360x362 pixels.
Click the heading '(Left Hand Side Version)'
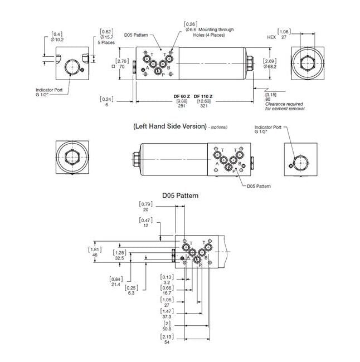pyautogui.click(x=170, y=126)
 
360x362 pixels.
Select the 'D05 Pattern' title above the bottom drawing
pyautogui.click(x=180, y=196)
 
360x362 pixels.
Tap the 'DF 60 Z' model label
pyautogui.click(x=182, y=96)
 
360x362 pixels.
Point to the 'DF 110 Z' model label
pyautogui.click(x=203, y=96)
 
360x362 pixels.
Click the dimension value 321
pyautogui.click(x=203, y=106)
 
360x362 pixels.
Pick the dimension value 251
pyautogui.click(x=182, y=106)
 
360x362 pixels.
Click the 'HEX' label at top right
pyautogui.click(x=272, y=37)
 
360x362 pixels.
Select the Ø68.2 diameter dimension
pyautogui.click(x=270, y=67)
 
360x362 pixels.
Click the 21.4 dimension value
pyautogui.click(x=116, y=284)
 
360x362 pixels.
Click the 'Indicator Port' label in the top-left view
pyautogui.click(x=48, y=90)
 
